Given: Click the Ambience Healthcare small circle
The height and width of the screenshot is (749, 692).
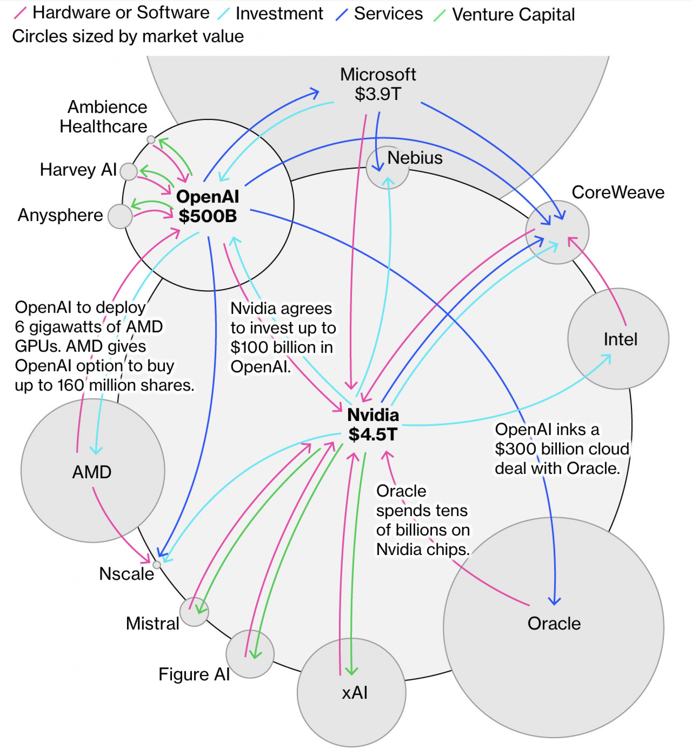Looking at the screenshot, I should (x=151, y=140).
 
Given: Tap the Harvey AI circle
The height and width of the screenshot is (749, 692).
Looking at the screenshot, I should (x=129, y=172).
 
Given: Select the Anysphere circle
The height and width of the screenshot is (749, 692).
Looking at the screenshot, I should (x=120, y=216).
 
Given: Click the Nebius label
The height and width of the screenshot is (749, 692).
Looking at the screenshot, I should (x=415, y=158).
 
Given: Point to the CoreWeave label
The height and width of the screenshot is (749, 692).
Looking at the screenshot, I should (x=617, y=192).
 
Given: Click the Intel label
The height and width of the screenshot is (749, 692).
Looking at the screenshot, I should (x=620, y=339).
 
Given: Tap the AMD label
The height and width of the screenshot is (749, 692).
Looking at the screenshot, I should (x=92, y=472).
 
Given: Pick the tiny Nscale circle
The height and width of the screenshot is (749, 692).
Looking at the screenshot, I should (x=157, y=564).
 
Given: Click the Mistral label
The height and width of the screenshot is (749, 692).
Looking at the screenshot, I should (x=152, y=624).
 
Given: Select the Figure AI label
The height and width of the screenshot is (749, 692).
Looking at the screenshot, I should (x=194, y=674).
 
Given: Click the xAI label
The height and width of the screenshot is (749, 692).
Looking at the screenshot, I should (x=354, y=692).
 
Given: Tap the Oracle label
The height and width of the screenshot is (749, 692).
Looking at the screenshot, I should (x=554, y=624).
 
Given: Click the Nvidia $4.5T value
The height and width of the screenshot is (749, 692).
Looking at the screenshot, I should (x=373, y=434).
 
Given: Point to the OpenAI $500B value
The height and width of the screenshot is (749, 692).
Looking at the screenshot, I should (x=208, y=216).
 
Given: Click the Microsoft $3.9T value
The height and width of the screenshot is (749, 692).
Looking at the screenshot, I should (x=378, y=94).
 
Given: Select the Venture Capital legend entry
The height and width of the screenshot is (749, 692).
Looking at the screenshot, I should (x=513, y=15).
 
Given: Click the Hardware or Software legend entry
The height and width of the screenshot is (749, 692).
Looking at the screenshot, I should (x=121, y=13).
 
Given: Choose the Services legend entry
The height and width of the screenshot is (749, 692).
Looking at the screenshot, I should (x=388, y=14).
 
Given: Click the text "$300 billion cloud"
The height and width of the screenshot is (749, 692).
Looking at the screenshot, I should (x=561, y=449).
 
